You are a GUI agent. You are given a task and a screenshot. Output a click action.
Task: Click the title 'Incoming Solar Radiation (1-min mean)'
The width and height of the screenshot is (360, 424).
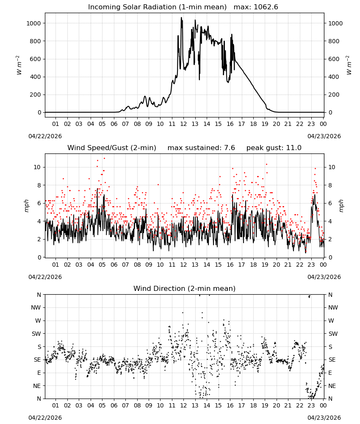point(157,7)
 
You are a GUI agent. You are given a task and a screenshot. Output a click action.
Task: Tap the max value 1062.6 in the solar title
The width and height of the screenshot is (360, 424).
point(266,7)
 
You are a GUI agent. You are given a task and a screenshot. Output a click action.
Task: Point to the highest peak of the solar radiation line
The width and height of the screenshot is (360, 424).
point(182,18)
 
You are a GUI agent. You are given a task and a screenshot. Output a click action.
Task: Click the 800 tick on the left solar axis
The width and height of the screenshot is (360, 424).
point(34,41)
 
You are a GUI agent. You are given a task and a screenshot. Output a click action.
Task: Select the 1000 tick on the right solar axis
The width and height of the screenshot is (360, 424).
point(335,23)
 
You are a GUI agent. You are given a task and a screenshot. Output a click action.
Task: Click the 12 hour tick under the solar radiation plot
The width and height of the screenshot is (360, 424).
point(183,124)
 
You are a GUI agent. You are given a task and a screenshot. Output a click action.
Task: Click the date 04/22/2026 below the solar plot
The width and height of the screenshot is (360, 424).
point(45,136)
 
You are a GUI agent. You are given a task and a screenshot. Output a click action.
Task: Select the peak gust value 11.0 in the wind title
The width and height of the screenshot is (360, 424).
point(294,148)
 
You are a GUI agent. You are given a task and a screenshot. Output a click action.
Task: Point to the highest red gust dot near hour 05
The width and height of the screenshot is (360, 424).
point(104,159)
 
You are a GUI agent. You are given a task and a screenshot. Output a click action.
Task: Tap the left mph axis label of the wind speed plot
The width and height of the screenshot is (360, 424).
point(26,206)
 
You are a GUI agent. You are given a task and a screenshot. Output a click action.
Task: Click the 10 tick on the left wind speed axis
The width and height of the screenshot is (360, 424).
point(37,167)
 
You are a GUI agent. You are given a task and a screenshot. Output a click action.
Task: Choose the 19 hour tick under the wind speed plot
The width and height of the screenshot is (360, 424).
point(265,265)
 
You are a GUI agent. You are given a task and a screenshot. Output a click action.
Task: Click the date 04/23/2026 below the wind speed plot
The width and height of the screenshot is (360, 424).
point(324,277)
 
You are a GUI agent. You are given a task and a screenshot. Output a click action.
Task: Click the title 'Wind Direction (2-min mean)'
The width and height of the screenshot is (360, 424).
point(185,288)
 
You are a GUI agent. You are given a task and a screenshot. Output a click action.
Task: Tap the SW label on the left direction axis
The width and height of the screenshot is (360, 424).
point(36,334)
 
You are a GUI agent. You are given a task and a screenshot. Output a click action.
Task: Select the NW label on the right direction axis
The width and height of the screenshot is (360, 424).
point(333,307)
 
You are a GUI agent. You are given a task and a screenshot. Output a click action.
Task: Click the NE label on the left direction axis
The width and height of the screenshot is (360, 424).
point(37,386)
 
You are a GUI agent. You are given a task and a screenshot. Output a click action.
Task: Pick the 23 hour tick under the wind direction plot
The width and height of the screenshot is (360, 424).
point(311,405)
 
